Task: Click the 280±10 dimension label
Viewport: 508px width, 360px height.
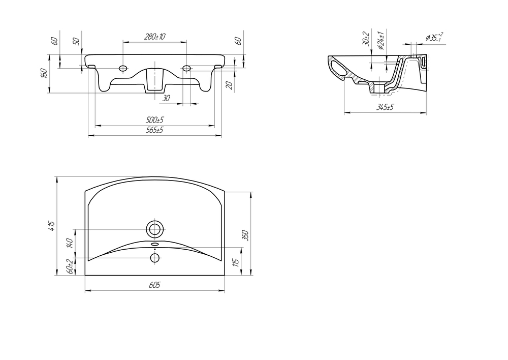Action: click(154, 37)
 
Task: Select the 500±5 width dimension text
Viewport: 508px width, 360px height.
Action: click(154, 120)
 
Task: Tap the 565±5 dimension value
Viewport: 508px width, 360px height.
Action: click(154, 130)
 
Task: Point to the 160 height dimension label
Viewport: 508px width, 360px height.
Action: click(45, 73)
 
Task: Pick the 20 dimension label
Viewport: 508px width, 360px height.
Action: click(229, 85)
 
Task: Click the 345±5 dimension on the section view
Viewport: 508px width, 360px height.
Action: click(385, 107)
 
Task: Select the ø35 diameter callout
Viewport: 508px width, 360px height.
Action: click(434, 37)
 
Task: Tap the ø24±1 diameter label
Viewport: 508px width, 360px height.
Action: click(381, 41)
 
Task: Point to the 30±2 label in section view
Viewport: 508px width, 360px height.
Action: click(366, 39)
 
